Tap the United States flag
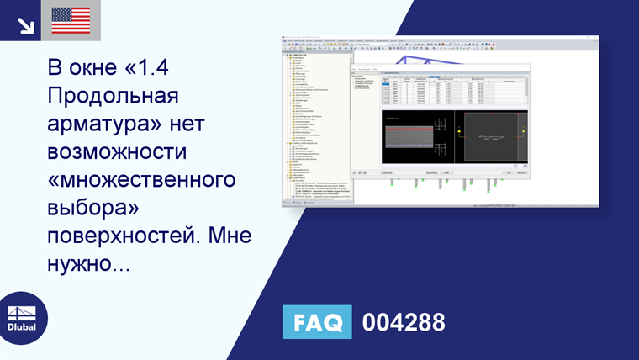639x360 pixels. click(71, 20)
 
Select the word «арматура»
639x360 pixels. click(99, 125)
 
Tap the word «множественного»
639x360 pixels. click(139, 183)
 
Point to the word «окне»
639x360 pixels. click(98, 67)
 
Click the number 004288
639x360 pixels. click(404, 322)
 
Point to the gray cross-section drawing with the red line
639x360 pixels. click(417, 139)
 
